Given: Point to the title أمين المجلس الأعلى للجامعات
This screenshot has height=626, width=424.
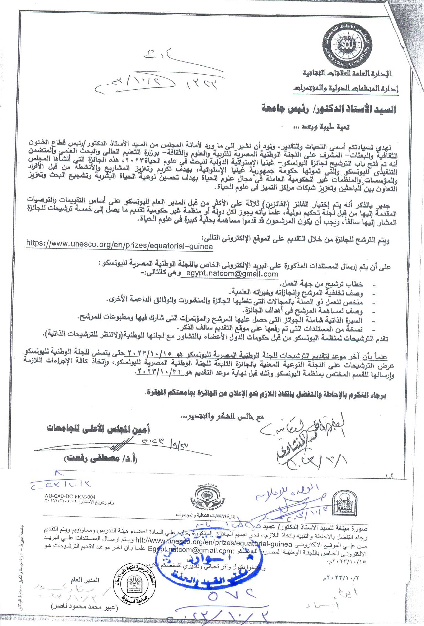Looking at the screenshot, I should click(98, 429).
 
